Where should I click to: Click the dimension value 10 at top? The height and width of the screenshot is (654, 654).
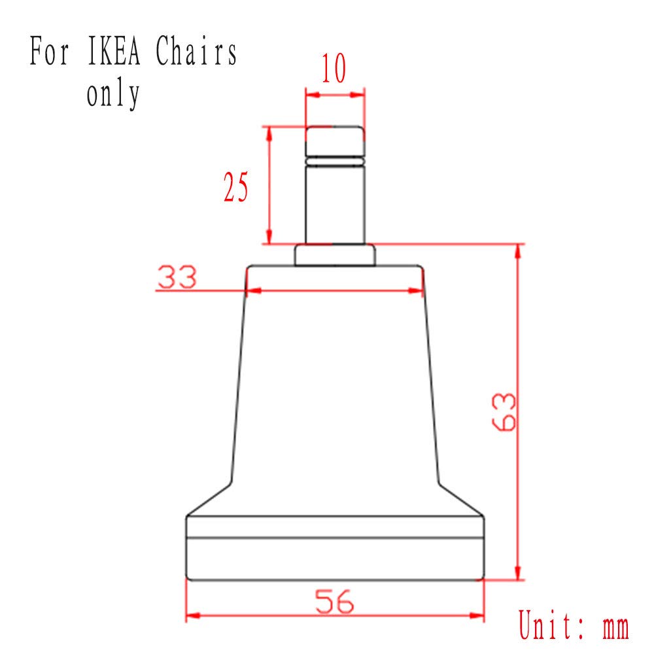click(334, 70)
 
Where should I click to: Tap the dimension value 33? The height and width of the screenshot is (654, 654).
click(177, 278)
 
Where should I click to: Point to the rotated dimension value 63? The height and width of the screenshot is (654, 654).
click(504, 412)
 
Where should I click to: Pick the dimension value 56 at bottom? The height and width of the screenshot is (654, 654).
click(334, 601)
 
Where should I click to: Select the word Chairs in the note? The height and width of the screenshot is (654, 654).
click(196, 53)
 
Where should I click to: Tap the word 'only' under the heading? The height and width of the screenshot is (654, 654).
click(113, 94)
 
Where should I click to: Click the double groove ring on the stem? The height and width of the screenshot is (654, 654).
click(334, 159)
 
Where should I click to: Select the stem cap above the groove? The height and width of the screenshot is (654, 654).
click(334, 140)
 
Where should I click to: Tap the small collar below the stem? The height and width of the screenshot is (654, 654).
click(334, 255)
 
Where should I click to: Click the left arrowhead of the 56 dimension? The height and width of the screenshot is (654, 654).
click(193, 616)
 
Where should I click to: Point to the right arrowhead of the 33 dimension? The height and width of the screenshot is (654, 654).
click(419, 290)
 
